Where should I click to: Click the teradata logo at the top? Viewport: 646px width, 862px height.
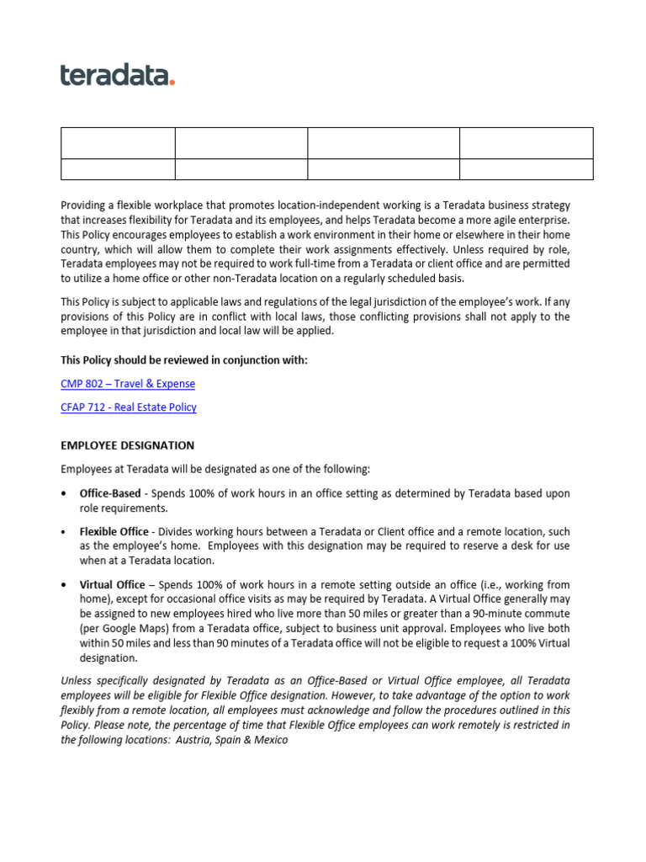pos(117,75)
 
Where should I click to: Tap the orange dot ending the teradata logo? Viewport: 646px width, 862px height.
pos(172,82)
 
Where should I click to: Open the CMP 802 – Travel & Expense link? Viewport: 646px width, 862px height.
pos(128,384)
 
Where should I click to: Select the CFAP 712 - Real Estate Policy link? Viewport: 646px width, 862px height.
pos(129,407)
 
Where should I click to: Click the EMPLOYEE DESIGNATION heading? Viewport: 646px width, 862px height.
pos(127,445)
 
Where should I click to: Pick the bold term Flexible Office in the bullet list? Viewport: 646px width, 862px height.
pos(115,532)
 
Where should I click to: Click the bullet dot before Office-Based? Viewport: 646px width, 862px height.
pos(64,494)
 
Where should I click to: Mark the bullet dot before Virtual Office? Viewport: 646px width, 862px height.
pos(64,585)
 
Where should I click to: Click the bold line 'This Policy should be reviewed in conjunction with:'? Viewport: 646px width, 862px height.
pos(184,360)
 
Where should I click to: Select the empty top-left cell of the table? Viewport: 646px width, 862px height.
pos(118,143)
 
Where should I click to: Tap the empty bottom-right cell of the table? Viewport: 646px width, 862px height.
pos(526,169)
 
